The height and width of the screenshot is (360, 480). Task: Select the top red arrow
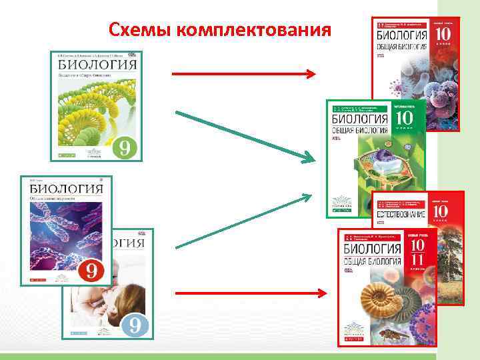click(x=244, y=74)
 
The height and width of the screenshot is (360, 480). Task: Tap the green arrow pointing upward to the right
click(x=244, y=219)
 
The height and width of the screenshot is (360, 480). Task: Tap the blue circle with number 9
click(x=134, y=325)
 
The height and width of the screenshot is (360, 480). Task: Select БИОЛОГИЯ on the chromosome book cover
click(x=65, y=189)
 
